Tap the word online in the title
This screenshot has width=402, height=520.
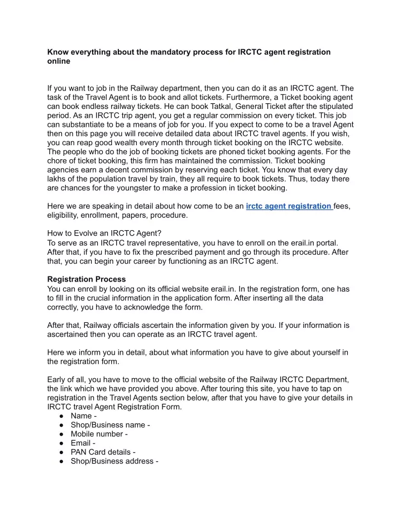[59, 61]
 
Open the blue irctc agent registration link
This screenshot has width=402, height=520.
[289, 206]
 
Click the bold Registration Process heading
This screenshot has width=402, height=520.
[87, 279]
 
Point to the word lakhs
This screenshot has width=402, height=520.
[58, 179]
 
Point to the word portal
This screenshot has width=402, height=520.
[337, 243]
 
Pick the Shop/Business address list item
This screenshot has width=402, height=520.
[115, 461]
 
